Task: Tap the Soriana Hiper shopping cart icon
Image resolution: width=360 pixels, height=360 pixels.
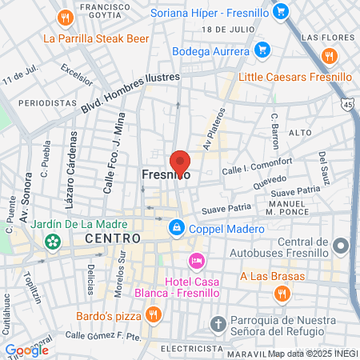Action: pyautogui.click(x=279, y=11)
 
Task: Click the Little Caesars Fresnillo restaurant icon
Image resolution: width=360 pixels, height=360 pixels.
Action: pyautogui.click(x=327, y=56)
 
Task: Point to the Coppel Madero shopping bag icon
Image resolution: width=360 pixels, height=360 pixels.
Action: pyautogui.click(x=175, y=229)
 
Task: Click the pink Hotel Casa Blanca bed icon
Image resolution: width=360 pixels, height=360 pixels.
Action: pyautogui.click(x=196, y=261)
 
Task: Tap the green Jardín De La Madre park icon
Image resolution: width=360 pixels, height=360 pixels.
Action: pyautogui.click(x=53, y=240)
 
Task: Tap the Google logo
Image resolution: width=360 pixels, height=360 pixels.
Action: pyautogui.click(x=26, y=350)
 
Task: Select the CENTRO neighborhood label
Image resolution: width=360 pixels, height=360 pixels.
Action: pyautogui.click(x=112, y=238)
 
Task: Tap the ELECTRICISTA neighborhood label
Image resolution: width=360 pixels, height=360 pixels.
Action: pyautogui.click(x=191, y=349)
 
